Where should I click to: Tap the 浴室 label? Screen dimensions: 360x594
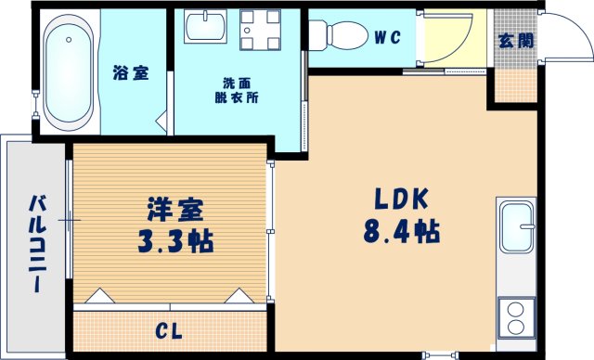click(131, 72)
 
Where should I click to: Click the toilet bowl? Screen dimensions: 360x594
click(335, 35)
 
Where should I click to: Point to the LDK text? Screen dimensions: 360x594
click(400, 198)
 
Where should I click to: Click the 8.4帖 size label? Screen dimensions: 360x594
click(400, 228)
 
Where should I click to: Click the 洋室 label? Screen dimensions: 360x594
click(174, 210)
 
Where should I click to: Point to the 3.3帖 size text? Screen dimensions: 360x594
click(174, 241)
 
